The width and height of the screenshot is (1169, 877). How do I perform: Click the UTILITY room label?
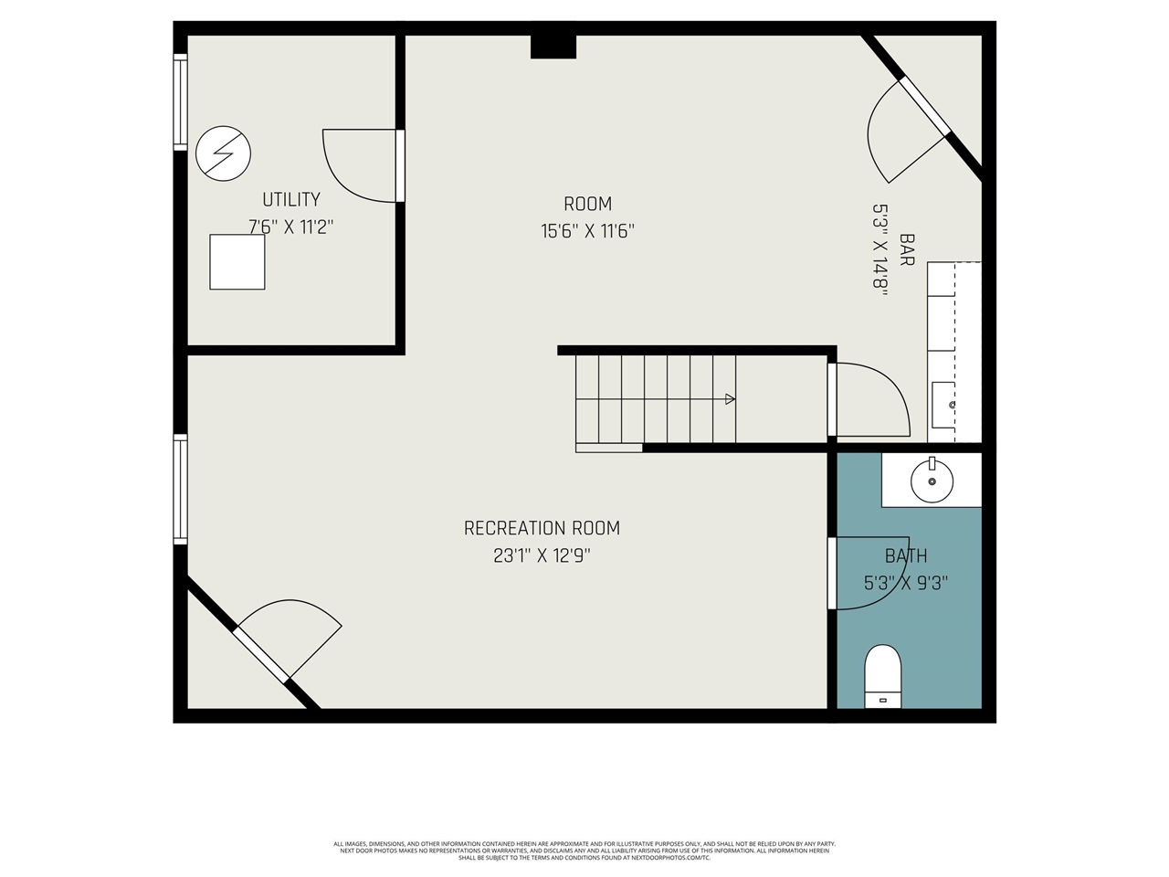(x=291, y=199)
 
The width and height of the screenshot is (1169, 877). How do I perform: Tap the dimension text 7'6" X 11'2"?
(x=291, y=227)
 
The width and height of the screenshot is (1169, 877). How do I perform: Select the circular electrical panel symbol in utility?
(x=224, y=153)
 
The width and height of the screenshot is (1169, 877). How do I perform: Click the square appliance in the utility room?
(x=237, y=262)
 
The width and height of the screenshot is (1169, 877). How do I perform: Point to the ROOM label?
(x=587, y=204)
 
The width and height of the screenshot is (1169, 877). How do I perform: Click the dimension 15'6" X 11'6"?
(x=587, y=231)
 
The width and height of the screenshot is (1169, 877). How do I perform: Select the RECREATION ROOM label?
(x=542, y=528)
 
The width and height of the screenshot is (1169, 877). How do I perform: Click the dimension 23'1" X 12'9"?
(x=542, y=555)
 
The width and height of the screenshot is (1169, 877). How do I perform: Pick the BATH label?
(x=906, y=555)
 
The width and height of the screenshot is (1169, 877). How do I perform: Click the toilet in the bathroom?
(x=882, y=676)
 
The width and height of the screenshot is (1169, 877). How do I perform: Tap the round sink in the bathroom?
(x=932, y=480)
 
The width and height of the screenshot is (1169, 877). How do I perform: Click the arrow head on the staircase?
(x=730, y=398)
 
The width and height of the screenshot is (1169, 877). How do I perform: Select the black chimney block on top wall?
(x=553, y=47)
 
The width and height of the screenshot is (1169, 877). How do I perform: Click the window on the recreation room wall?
(x=181, y=490)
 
